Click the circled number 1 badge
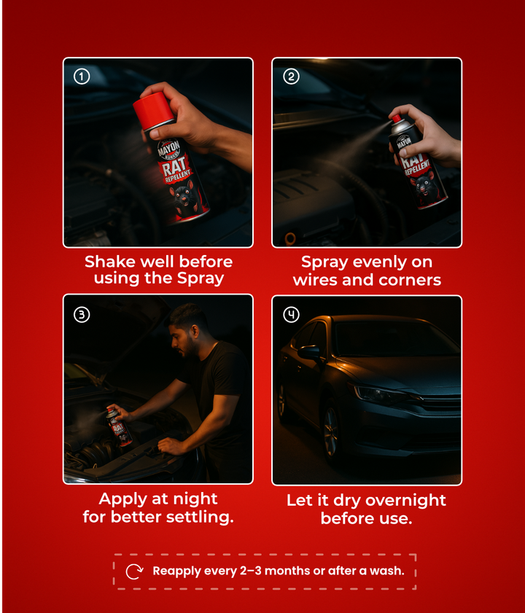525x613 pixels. coord(82,77)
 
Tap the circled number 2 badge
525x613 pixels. coord(291,77)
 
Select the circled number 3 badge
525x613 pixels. coord(82,314)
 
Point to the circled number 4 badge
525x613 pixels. coord(291,314)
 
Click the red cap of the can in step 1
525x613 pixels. coord(153,111)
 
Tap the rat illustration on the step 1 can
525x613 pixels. coord(184,198)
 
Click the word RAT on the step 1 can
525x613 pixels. coord(174,166)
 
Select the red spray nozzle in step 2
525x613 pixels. coord(397,118)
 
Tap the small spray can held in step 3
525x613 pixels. coord(119,427)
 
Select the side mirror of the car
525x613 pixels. coord(310,352)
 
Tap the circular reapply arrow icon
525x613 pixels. coord(134,571)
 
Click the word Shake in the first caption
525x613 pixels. coord(104,262)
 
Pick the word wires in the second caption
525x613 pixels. coord(315,280)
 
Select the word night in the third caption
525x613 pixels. coord(195,500)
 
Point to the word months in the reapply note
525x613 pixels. coord(288,571)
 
